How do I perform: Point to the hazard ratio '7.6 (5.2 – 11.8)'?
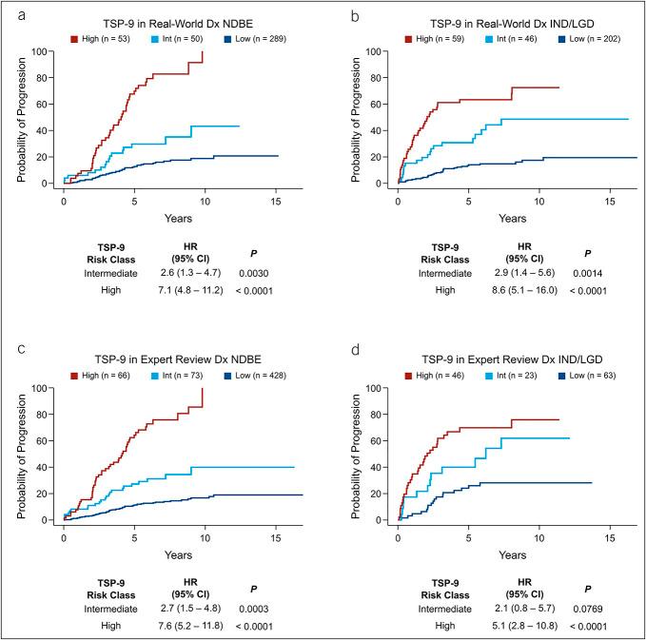(x=176, y=625)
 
